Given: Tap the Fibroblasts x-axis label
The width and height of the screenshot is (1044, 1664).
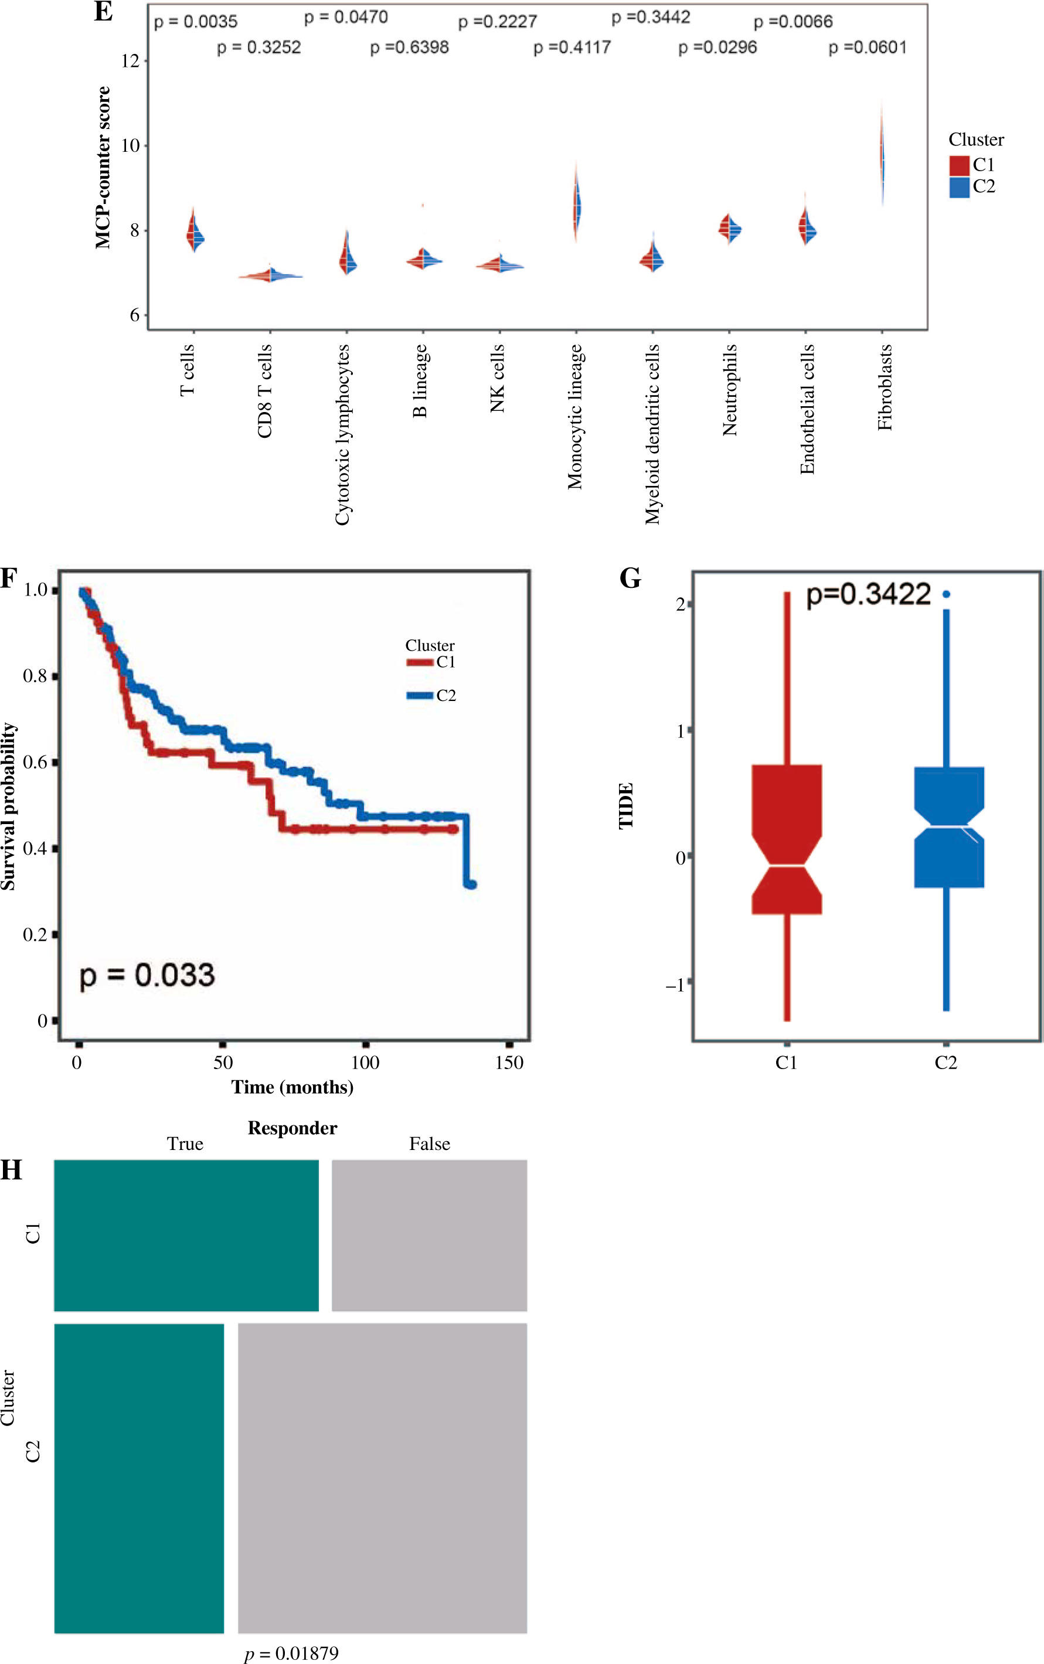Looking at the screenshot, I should (885, 387).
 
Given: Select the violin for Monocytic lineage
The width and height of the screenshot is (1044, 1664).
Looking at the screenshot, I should (577, 205).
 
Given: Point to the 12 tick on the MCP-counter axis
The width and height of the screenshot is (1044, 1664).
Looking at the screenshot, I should (130, 61).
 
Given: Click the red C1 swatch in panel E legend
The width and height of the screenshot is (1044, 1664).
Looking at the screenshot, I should (959, 165).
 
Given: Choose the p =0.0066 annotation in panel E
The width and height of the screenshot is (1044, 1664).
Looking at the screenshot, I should (793, 22).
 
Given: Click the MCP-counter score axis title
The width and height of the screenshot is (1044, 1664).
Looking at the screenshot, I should (103, 167).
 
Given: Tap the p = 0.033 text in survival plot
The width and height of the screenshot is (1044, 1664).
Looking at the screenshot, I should (147, 975).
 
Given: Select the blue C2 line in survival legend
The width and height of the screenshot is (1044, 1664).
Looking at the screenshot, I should (420, 695).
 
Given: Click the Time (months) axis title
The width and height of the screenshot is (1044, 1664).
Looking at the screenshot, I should (292, 1087).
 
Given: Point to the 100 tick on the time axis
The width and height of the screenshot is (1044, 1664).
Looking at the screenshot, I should (365, 1063).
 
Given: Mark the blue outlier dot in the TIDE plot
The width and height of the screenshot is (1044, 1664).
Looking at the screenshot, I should (946, 594).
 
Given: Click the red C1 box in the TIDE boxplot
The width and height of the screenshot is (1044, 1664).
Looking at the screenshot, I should (787, 839).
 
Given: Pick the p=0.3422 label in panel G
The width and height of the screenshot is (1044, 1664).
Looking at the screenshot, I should (868, 594).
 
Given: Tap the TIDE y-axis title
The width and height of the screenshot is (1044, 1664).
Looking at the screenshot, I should (625, 805).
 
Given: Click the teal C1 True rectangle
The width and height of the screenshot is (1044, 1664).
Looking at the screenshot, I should (186, 1235).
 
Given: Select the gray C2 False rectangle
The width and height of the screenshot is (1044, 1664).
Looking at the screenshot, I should (382, 1478).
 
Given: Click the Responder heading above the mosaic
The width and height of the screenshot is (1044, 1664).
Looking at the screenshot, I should (292, 1128).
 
